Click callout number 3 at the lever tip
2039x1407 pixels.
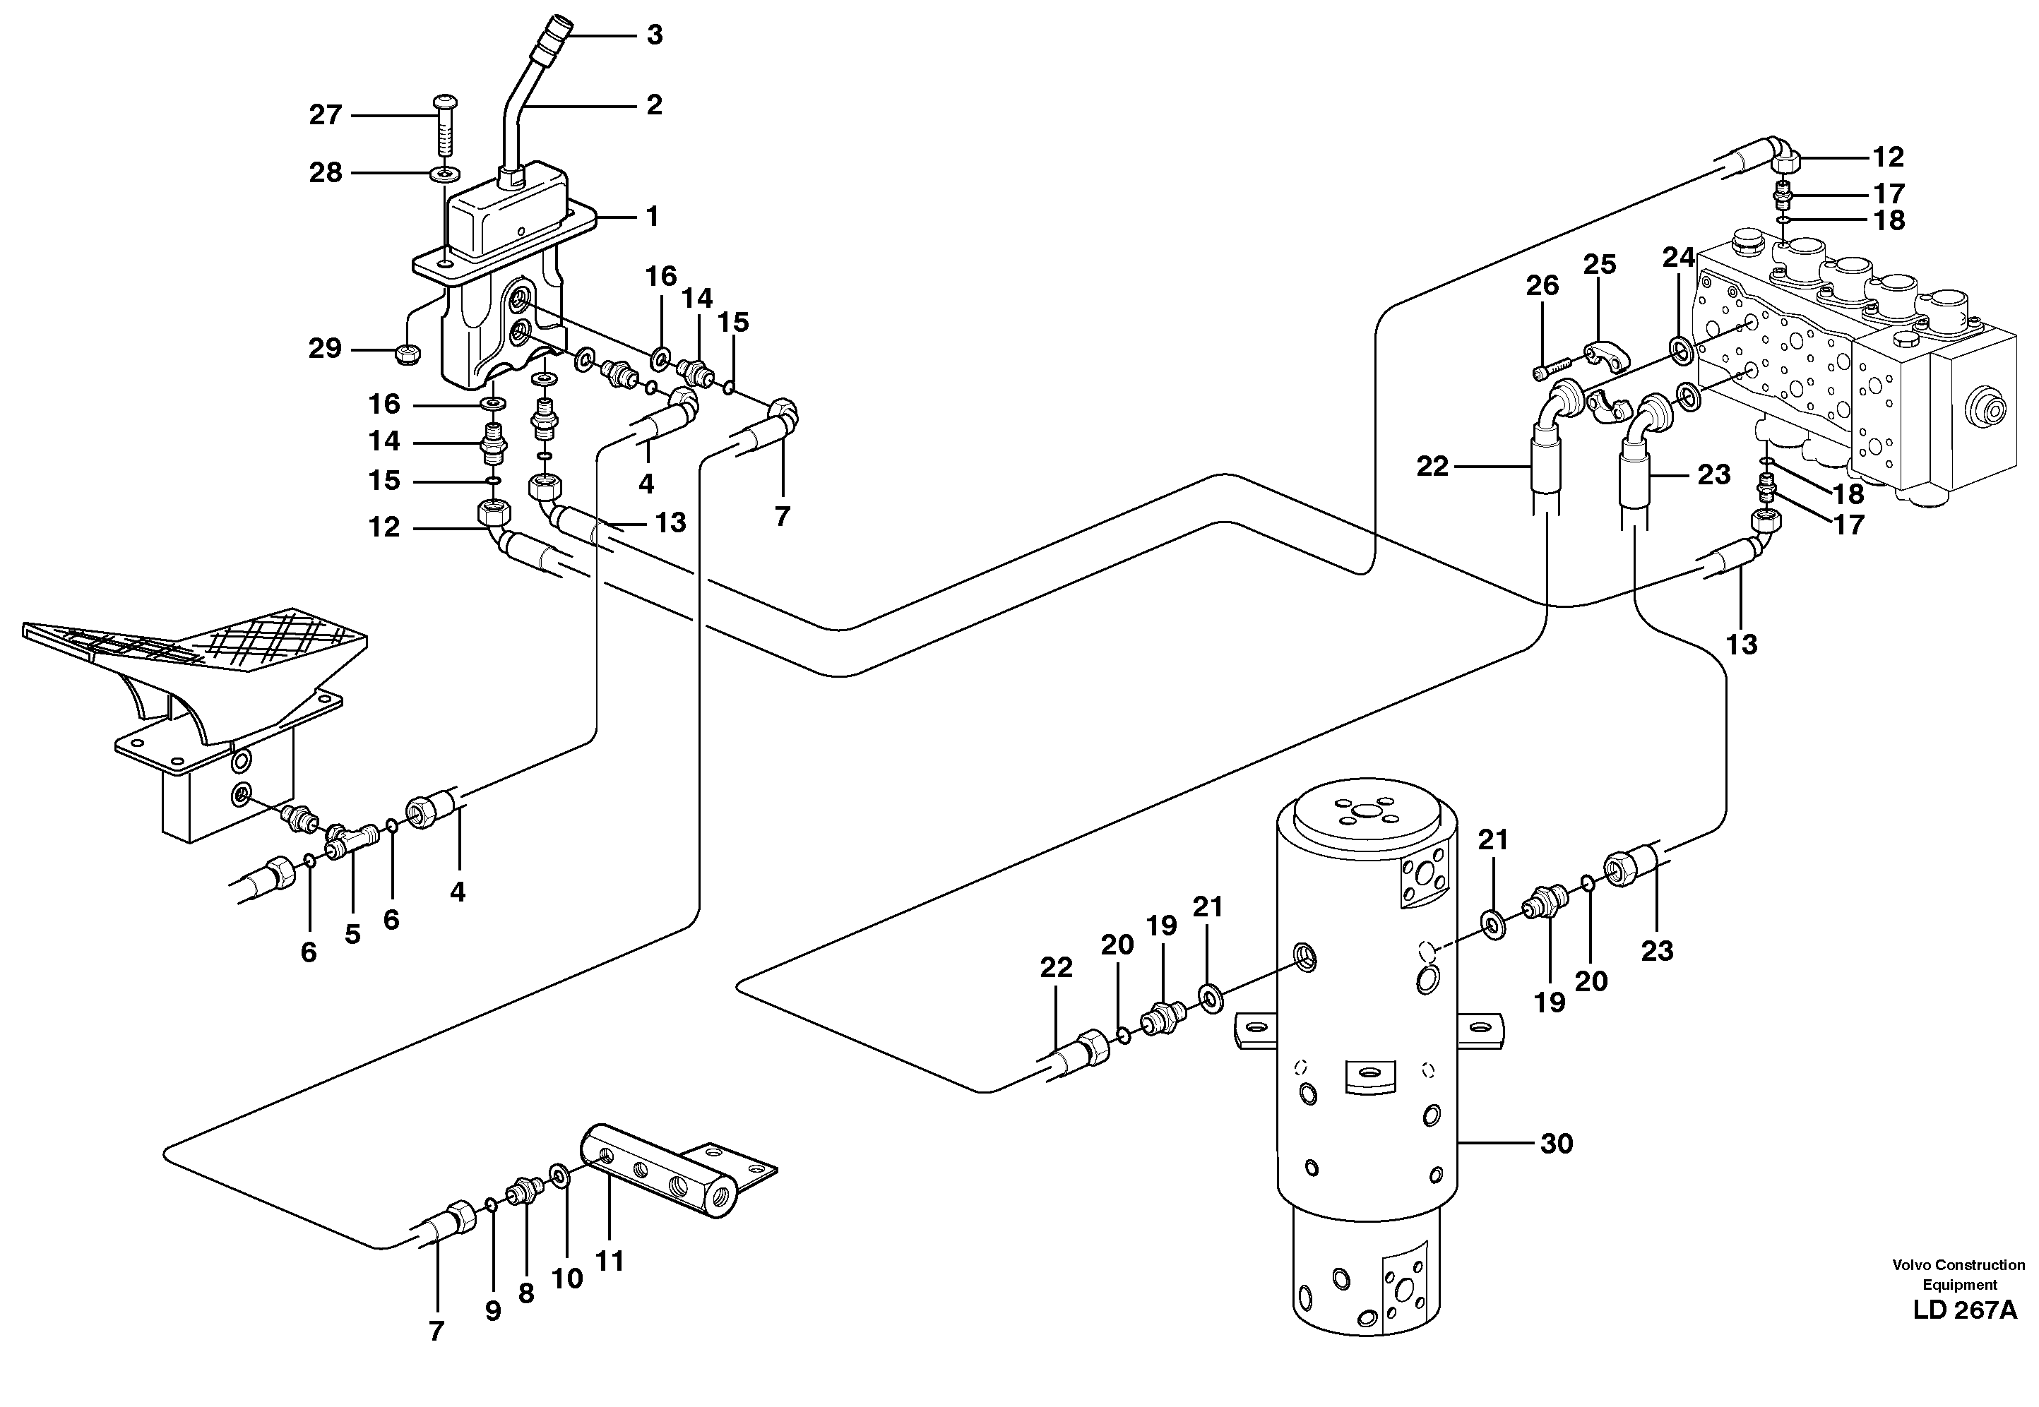(653, 35)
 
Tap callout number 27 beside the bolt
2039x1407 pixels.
(326, 116)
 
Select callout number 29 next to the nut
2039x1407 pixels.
(325, 349)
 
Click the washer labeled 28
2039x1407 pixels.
(444, 174)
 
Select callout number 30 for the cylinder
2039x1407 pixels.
(1557, 1144)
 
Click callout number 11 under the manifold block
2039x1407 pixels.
(610, 1261)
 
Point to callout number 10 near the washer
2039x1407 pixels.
(567, 1279)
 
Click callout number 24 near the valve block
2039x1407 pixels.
(1678, 258)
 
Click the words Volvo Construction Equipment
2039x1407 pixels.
(1958, 1276)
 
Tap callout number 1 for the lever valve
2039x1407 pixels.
(653, 216)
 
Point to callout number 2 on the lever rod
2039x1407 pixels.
(653, 105)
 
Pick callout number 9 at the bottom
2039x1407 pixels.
(493, 1312)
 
